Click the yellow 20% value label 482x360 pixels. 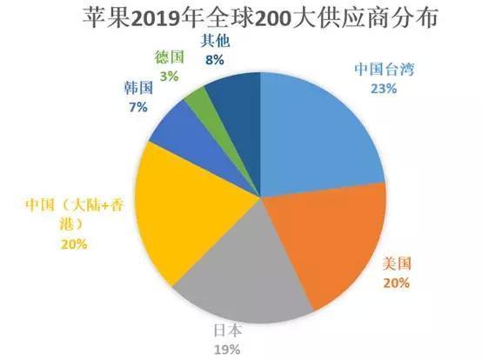(x=73, y=244)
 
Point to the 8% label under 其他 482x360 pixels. (x=215, y=60)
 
